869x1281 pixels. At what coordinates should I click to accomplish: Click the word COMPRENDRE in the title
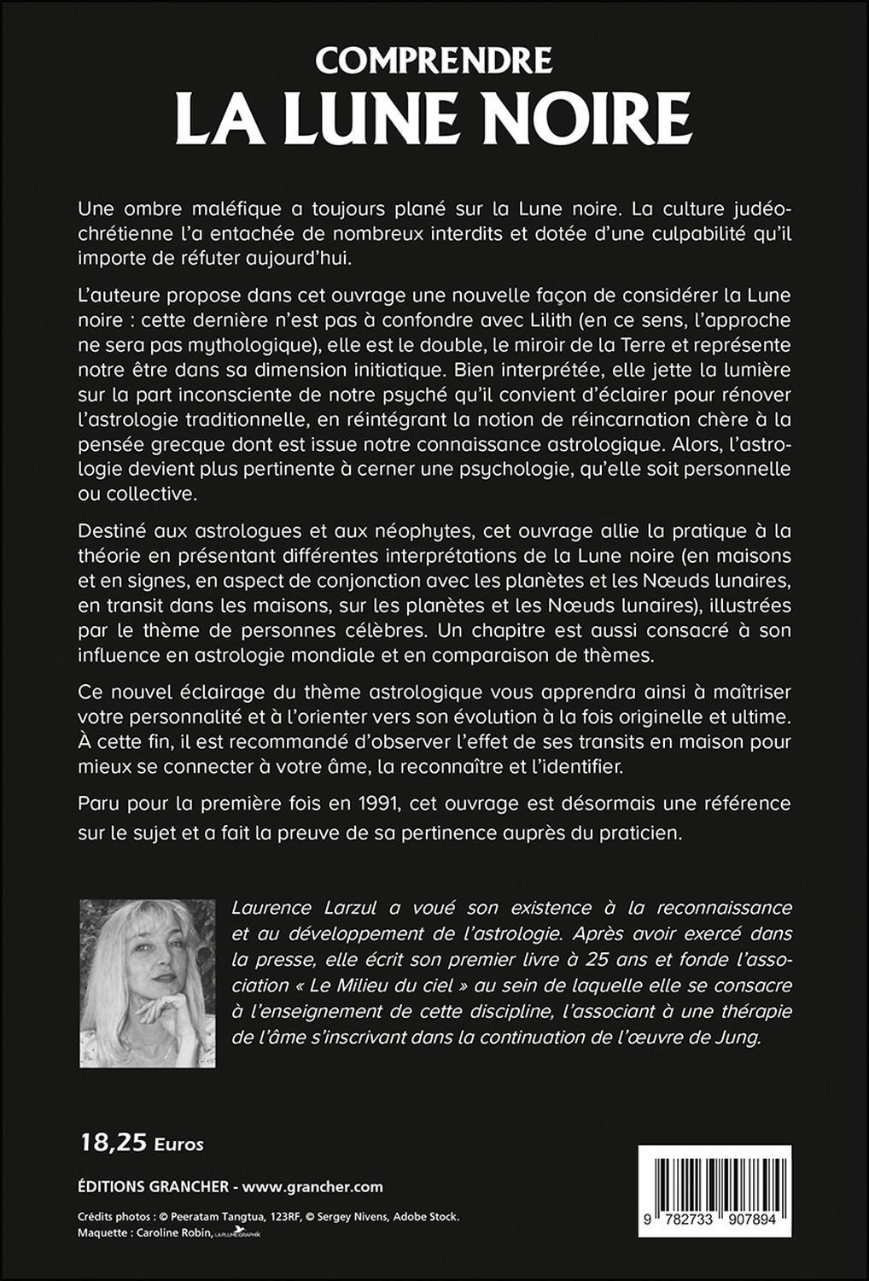(434, 60)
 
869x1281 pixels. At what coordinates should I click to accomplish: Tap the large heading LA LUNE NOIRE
(434, 121)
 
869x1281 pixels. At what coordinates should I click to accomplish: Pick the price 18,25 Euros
(141, 1142)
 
